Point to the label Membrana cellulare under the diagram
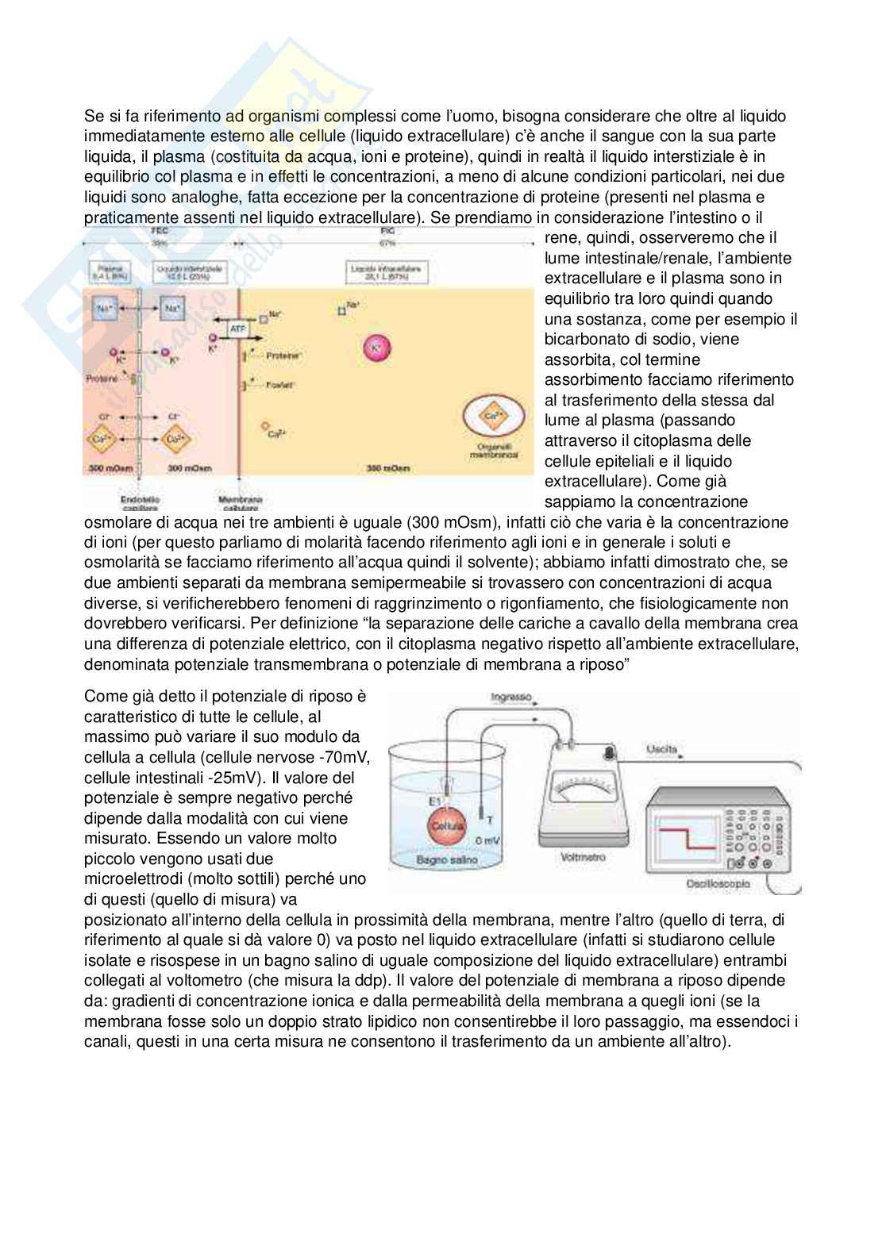[240, 503]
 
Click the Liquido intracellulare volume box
[386, 274]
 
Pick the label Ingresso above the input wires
[510, 698]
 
